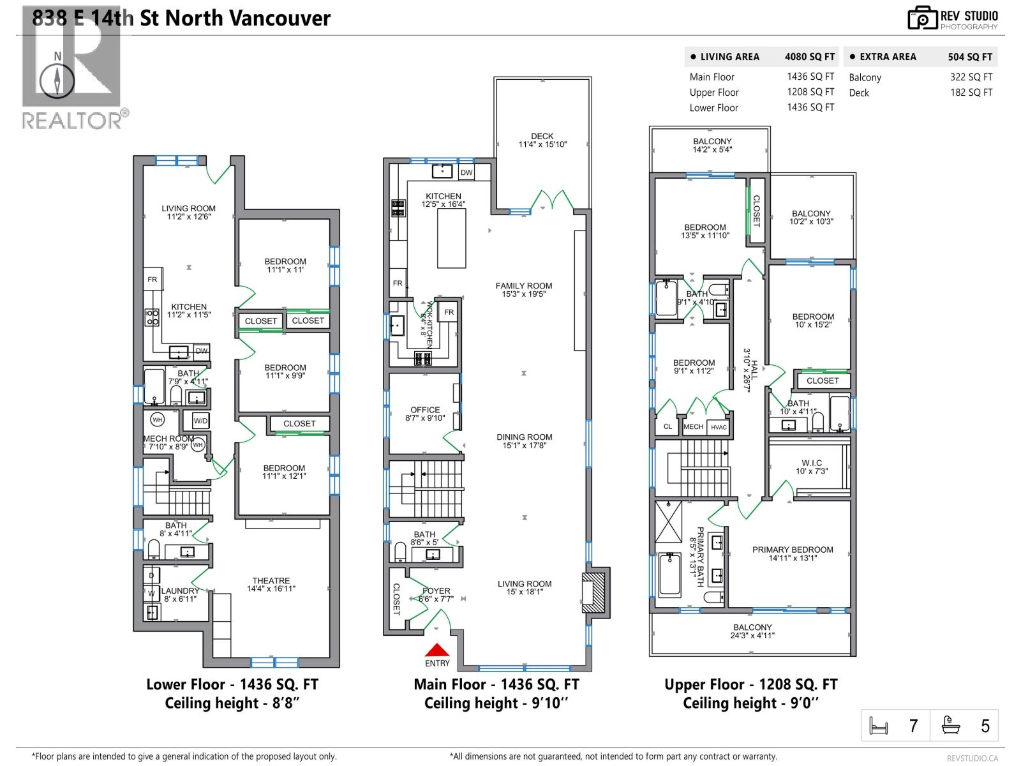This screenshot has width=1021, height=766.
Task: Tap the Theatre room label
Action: (x=271, y=585)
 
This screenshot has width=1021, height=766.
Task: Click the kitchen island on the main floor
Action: (x=451, y=238)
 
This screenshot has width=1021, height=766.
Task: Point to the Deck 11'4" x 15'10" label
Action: (x=542, y=140)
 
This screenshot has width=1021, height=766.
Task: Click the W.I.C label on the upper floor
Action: (x=812, y=467)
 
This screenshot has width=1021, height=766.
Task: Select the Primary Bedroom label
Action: (x=793, y=553)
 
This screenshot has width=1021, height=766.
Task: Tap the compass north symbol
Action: (x=58, y=79)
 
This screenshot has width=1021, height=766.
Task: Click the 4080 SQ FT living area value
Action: (x=809, y=57)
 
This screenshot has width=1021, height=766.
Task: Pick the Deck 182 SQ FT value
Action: (x=971, y=93)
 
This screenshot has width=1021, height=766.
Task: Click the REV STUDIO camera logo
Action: (x=921, y=18)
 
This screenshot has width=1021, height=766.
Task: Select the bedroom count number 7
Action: (x=913, y=726)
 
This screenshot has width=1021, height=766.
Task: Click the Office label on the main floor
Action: (x=425, y=414)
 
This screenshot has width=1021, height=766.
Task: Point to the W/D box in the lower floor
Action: (x=200, y=421)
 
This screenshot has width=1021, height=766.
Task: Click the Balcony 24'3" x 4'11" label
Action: (x=752, y=631)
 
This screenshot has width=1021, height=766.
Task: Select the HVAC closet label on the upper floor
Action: (x=719, y=427)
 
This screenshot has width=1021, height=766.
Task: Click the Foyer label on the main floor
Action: (x=436, y=595)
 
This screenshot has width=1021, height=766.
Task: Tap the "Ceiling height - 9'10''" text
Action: (x=496, y=703)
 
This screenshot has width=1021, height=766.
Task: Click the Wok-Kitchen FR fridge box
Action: (x=449, y=312)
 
